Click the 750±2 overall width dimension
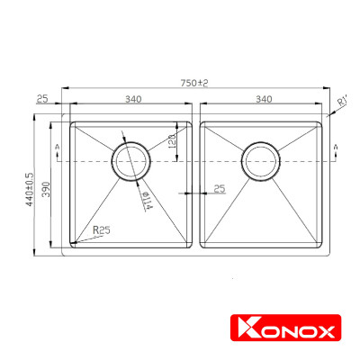[193, 83]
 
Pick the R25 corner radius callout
[101, 230]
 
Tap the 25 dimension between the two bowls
[219, 189]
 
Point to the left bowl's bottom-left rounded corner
[76, 243]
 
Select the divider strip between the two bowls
[197, 184]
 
